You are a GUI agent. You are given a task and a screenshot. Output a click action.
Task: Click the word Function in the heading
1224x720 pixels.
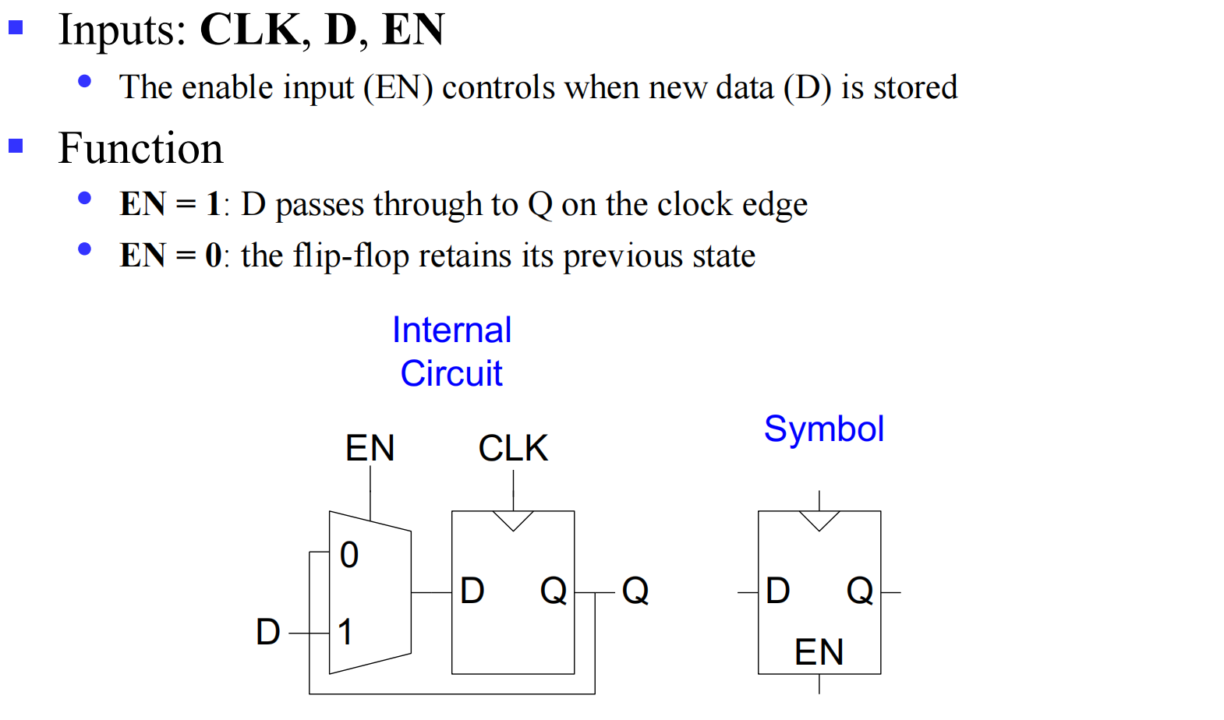coord(140,148)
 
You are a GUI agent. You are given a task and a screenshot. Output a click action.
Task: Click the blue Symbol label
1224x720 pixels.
coord(823,429)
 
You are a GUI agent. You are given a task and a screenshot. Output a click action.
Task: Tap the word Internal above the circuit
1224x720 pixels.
coord(451,330)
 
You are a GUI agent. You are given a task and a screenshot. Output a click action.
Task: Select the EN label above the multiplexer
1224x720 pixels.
coord(370,448)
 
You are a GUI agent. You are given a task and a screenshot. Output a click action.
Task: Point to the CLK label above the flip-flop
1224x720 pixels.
coord(513,448)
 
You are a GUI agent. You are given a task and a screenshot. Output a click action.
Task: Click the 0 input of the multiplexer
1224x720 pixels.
coord(349,555)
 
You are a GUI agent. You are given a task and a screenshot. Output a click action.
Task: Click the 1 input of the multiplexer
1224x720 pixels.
coord(345,631)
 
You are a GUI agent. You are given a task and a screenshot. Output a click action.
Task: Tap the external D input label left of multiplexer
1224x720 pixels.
coord(267,632)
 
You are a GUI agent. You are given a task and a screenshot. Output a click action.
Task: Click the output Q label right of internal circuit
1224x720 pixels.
coord(635,591)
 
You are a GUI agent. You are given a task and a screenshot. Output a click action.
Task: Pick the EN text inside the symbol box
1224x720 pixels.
coord(819,652)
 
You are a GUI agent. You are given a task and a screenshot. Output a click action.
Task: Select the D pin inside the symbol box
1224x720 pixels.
coord(777,591)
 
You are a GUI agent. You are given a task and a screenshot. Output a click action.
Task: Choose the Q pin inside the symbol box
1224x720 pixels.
coord(860,591)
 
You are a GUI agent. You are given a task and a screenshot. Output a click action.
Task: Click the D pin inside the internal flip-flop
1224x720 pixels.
coord(472,591)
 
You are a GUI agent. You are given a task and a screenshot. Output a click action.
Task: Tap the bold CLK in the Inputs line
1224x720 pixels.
coord(249,30)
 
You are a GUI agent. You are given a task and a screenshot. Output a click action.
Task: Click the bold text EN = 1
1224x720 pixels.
coord(170,204)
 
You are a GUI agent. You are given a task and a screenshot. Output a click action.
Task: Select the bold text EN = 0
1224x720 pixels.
coord(170,256)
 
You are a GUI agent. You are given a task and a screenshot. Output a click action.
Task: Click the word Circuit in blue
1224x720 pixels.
coord(451,373)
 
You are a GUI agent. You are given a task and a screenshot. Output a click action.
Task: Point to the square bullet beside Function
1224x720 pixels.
coord(16,146)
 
